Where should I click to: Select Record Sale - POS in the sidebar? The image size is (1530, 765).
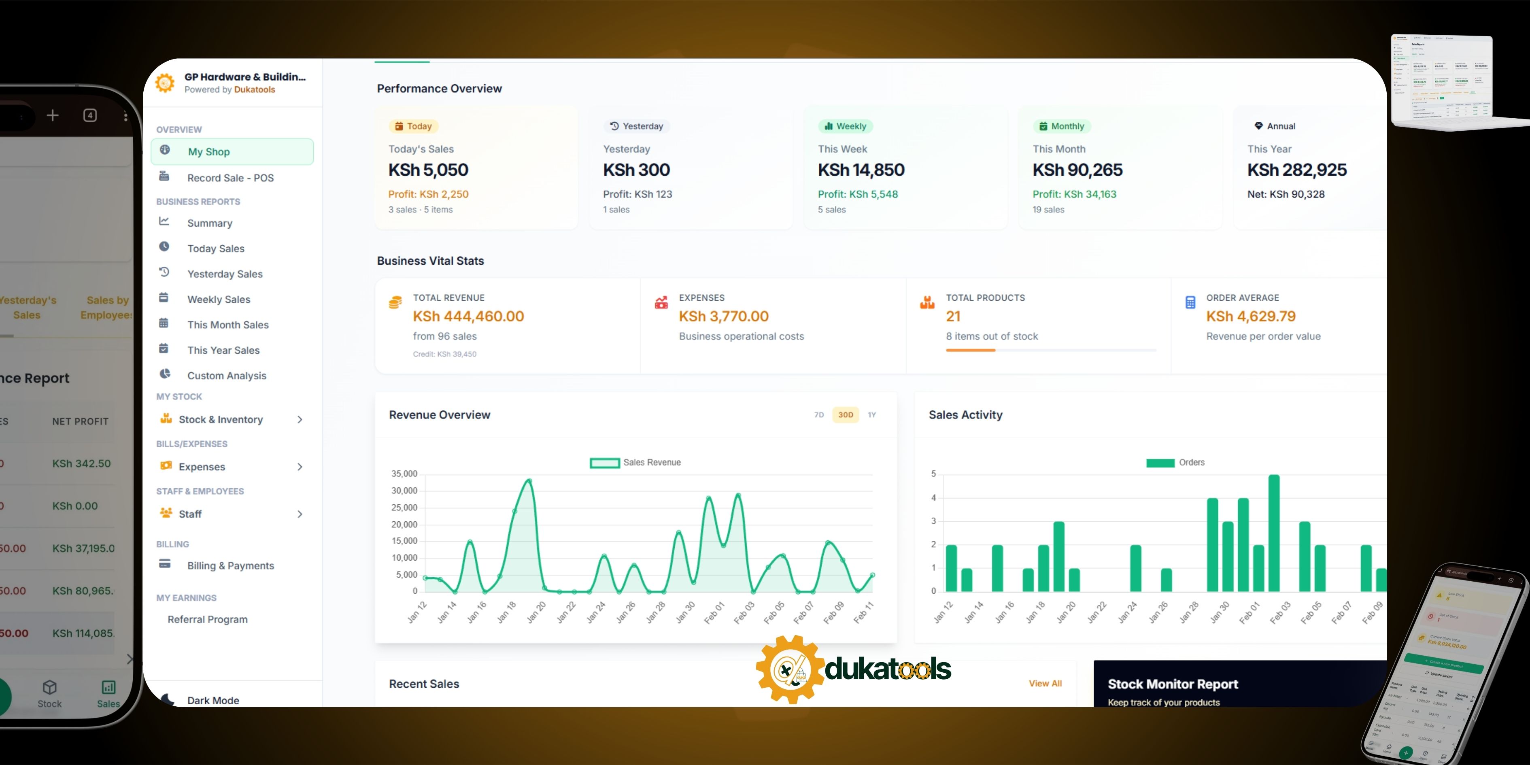point(230,178)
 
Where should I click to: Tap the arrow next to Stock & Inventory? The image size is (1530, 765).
point(300,420)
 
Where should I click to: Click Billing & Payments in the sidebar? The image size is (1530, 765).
point(230,566)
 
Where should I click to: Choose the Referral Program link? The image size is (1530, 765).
point(207,619)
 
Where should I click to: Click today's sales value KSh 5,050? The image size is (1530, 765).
point(428,170)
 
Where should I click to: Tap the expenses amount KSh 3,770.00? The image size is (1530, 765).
point(723,317)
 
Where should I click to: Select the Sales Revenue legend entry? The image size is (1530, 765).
point(635,463)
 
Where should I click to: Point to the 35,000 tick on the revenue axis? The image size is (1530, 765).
point(404,474)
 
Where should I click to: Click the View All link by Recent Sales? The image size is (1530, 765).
point(1045,684)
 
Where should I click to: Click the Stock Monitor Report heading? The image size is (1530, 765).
point(1173,684)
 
